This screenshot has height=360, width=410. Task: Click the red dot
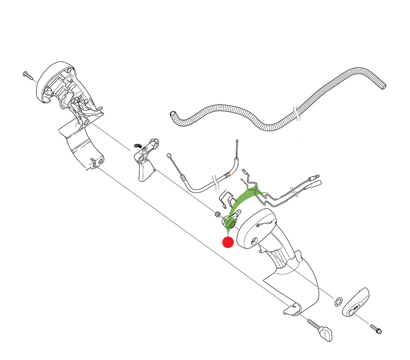click(228, 242)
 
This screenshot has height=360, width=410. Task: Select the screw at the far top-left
click(27, 75)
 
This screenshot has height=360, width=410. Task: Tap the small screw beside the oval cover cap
click(376, 329)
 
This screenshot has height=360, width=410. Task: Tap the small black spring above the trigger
click(136, 146)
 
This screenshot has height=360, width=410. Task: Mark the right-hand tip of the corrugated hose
click(384, 85)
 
